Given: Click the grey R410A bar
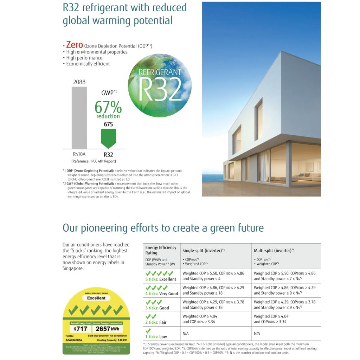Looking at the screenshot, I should click(x=79, y=117).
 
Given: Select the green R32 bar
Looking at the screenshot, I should click(x=108, y=137).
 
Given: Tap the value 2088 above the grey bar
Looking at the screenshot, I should click(x=79, y=82).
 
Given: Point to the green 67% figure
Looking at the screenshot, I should click(x=108, y=107).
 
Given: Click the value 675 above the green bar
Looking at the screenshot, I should click(x=108, y=124).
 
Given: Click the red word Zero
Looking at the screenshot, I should click(x=75, y=45).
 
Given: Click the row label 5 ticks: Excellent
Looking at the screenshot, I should click(x=161, y=279).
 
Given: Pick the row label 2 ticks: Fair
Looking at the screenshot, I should click(x=156, y=322).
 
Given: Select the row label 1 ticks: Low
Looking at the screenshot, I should click(x=156, y=336).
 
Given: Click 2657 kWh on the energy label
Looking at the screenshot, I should click(x=107, y=329).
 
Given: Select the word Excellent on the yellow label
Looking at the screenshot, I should click(x=96, y=298).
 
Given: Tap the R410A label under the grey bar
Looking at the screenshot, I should click(x=79, y=154).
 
